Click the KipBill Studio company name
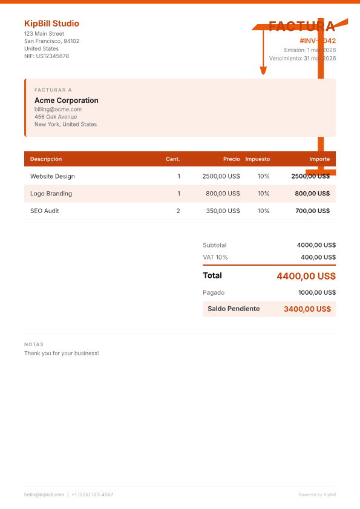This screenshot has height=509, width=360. tap(51, 24)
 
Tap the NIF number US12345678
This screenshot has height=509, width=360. tap(47, 56)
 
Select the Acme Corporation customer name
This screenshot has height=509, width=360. tap(66, 100)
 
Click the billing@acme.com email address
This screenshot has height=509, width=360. tap(58, 110)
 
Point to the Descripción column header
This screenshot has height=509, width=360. tap(46, 159)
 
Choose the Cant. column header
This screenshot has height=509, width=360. tap(173, 159)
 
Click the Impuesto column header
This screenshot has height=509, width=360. tap(258, 159)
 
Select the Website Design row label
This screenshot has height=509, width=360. tap(53, 176)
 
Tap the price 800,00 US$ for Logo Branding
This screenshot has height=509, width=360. tap(223, 194)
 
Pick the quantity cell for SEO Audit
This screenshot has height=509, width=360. tap(178, 211)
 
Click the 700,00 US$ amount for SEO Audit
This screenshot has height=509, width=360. tap(312, 211)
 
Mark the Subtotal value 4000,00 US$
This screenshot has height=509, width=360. tap(316, 245)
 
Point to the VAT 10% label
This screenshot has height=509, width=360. tap(215, 257)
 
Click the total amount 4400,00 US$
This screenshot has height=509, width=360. tap(306, 276)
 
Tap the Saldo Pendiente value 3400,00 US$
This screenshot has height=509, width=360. tap(307, 309)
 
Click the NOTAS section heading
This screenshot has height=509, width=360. tap(34, 344)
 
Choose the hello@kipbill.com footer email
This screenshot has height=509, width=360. tap(44, 494)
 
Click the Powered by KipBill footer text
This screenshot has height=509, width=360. tap(317, 494)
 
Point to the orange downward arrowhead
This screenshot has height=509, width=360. tap(263, 71)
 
